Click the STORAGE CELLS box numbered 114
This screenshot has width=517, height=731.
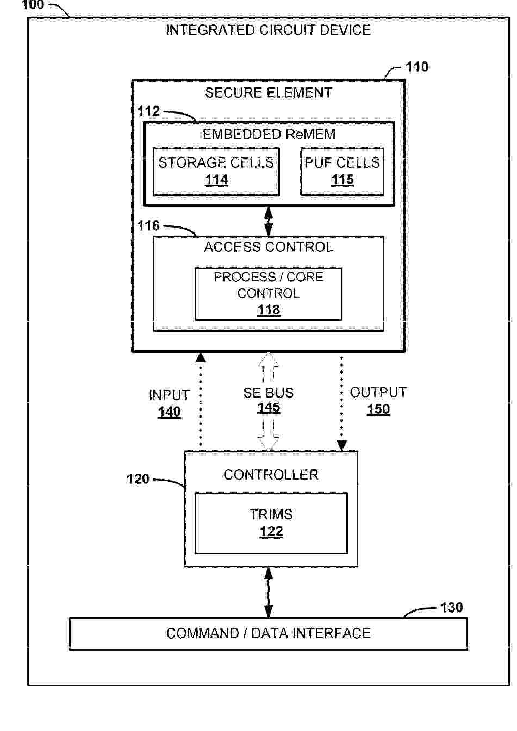click(216, 171)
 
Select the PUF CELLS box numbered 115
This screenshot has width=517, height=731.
click(342, 171)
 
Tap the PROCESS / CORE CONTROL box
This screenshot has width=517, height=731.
click(268, 293)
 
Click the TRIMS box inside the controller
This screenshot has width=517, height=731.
click(271, 522)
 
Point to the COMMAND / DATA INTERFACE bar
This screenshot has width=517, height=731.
click(268, 633)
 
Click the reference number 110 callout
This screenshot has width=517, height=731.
click(417, 67)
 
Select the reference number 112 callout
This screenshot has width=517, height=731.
click(148, 111)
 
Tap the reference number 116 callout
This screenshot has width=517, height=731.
click(148, 226)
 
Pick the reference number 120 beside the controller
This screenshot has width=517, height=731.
click(138, 479)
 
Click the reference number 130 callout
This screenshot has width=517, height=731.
click(451, 607)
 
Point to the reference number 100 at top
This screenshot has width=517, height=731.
click(33, 5)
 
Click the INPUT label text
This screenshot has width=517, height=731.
click(169, 395)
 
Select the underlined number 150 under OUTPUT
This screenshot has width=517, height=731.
click(378, 409)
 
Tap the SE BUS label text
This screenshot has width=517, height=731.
click(268, 393)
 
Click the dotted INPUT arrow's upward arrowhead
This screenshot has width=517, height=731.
click(201, 357)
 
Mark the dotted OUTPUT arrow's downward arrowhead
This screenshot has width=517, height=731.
click(342, 445)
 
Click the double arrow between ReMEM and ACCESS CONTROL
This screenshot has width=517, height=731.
click(268, 221)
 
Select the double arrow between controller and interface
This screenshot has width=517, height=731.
click(268, 593)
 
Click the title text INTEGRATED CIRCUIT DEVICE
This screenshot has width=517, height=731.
click(268, 30)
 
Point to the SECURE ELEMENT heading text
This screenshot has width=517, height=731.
click(268, 93)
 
